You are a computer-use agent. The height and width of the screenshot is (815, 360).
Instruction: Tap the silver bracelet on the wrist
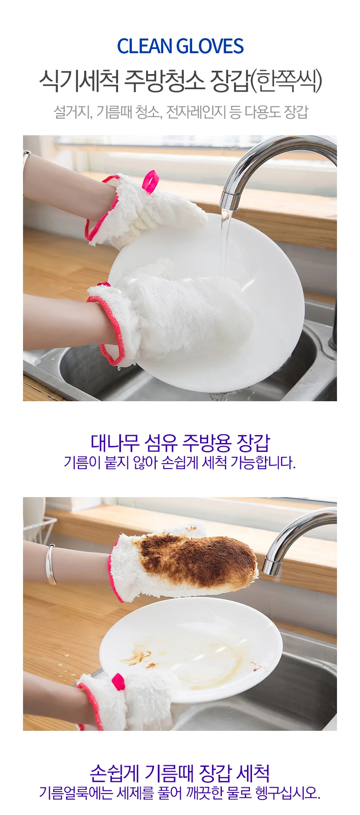(x=51, y=564)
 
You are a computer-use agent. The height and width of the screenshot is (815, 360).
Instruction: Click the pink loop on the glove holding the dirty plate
(x=118, y=681)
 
